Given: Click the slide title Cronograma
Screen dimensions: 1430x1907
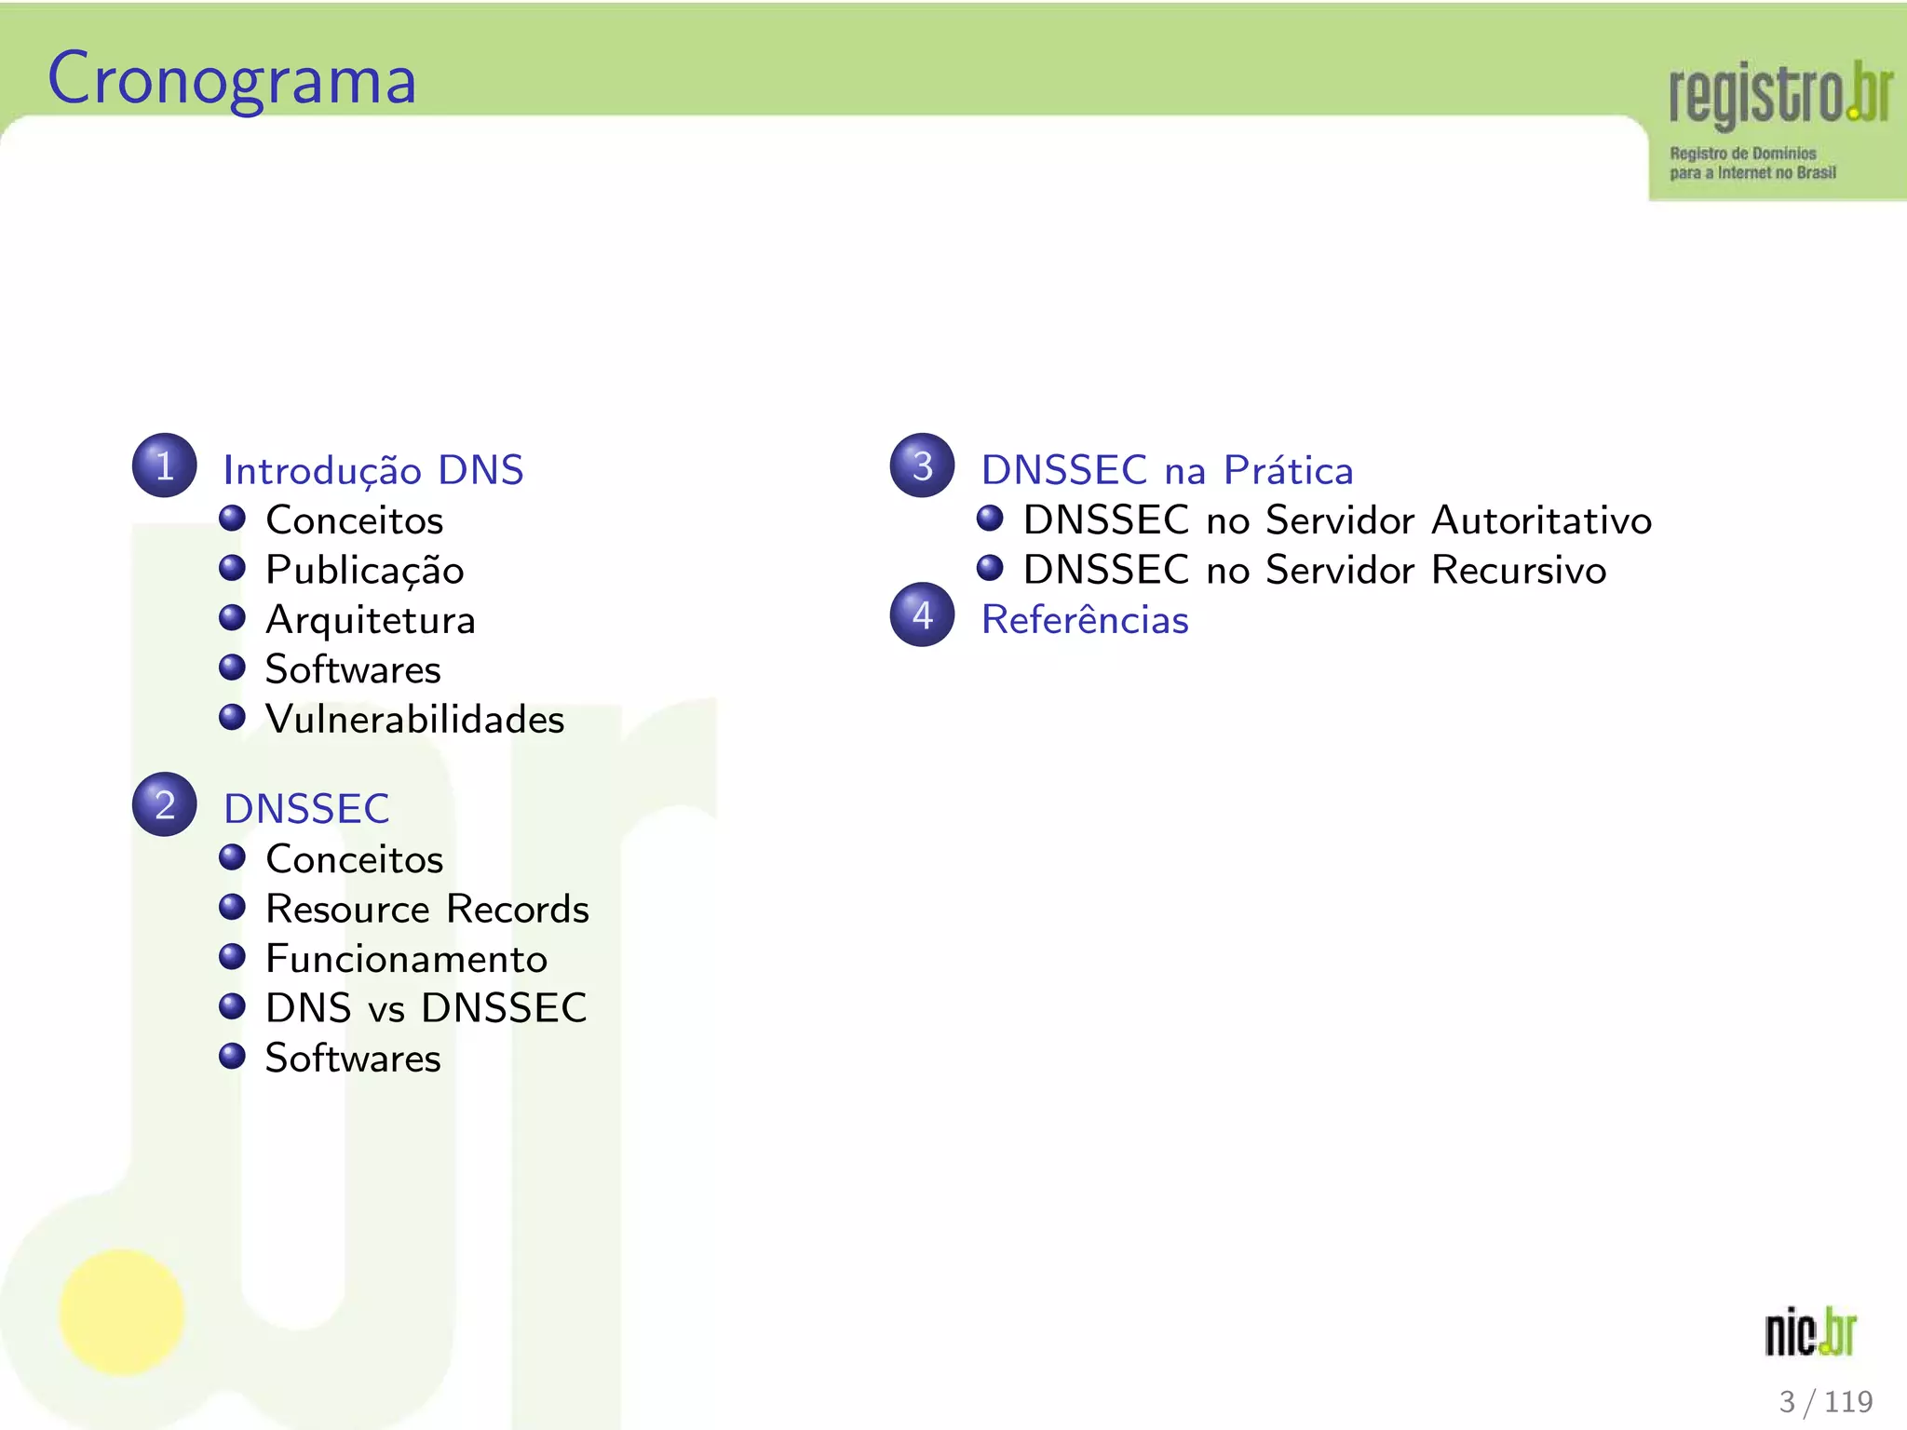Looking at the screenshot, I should coord(232,80).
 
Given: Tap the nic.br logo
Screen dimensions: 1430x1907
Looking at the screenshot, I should coord(1809,1332).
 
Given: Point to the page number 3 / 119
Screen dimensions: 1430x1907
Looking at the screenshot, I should coord(1825,1401).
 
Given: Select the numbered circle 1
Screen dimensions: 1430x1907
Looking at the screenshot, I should coord(165,465).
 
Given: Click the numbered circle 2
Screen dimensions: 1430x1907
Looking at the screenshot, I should coord(165,804).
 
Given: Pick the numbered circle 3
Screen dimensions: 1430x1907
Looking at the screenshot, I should coord(922,465).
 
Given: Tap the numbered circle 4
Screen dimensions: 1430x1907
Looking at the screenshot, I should coord(922,614).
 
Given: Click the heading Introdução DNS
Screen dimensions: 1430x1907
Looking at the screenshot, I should coord(373,470).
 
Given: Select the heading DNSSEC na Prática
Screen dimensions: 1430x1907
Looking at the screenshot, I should coord(1167,470).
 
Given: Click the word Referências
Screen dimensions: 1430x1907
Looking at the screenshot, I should coord(1085,620).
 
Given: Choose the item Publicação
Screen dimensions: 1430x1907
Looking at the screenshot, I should coord(364,571).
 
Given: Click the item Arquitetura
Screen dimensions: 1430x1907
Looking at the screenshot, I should coord(371,621).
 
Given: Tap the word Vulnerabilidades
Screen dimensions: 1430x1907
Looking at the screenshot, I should coord(414,720).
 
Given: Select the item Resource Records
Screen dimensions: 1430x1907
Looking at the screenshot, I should coord(427,910).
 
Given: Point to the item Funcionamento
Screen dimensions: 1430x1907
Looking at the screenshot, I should coord(406,959).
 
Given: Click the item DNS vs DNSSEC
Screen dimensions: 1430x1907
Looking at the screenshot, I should coord(426,1008).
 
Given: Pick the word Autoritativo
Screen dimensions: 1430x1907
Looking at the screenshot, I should coord(1541,520).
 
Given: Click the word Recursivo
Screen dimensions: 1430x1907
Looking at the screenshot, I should coord(1519,571).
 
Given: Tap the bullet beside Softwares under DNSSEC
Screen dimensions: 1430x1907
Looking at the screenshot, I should coord(232,1056).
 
